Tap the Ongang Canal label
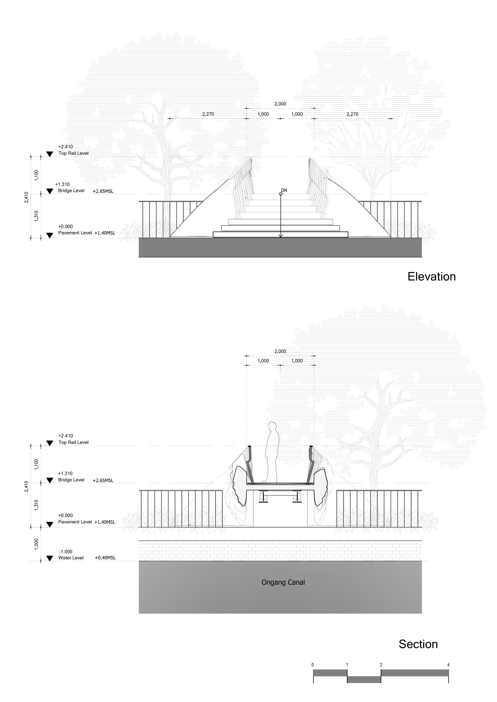point(283,582)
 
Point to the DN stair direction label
point(284,190)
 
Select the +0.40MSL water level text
point(105,558)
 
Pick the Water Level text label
point(71,558)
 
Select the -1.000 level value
point(66,552)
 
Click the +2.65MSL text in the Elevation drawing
point(103,191)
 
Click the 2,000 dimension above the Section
point(280,351)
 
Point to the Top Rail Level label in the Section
point(74,442)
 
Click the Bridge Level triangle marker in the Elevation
point(50,191)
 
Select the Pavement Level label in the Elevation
point(75,233)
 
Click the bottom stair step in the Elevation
point(281,234)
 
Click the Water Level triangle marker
point(50,558)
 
